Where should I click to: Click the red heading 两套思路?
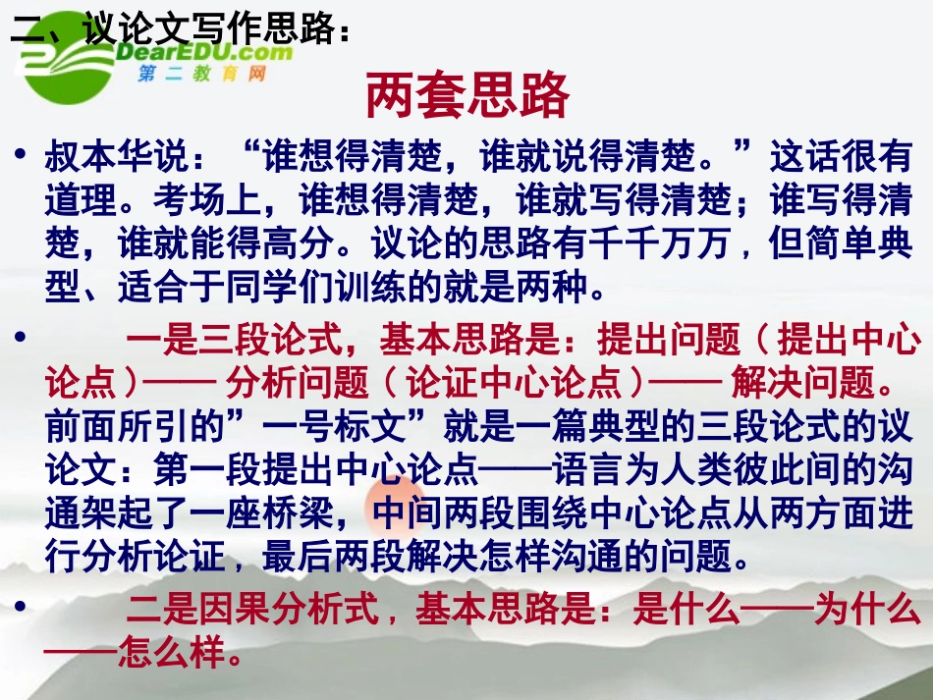(467, 96)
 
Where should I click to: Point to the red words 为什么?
(865, 612)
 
